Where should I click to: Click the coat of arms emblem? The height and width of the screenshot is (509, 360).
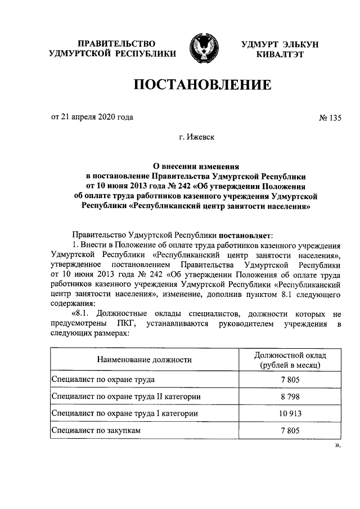(x=204, y=49)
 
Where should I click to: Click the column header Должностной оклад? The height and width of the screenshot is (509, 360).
(x=290, y=355)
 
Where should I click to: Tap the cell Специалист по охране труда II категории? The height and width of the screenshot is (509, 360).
(x=126, y=397)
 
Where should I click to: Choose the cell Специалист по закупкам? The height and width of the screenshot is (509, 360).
(x=96, y=430)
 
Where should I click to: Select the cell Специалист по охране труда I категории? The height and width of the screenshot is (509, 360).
(x=124, y=413)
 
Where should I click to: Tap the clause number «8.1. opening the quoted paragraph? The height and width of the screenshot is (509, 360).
(x=82, y=313)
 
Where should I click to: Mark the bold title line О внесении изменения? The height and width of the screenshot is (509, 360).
(x=197, y=166)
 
